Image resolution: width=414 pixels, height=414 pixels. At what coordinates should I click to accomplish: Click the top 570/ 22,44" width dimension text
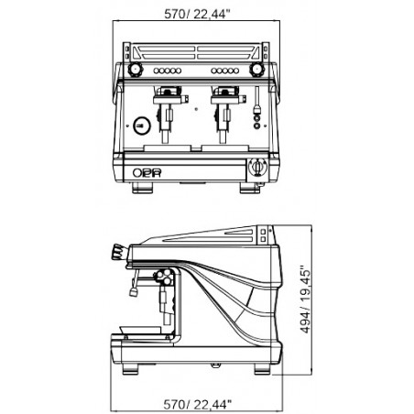tap(197, 14)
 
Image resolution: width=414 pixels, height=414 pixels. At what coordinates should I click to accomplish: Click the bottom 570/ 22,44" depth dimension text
tap(197, 404)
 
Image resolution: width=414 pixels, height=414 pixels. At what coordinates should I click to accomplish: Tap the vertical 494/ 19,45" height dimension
tap(305, 300)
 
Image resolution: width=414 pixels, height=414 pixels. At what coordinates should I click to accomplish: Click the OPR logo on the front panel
tap(147, 173)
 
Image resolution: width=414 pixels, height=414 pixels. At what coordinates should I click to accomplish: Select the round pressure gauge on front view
tap(142, 125)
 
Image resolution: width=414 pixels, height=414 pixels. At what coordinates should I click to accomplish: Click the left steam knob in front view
tap(135, 70)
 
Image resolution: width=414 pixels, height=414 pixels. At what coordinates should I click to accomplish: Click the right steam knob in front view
tap(256, 70)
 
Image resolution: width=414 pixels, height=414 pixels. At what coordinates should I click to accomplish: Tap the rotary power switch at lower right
tap(257, 168)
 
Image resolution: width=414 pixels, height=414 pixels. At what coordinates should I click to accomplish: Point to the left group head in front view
tap(168, 113)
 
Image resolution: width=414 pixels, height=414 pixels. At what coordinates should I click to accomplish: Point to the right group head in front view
tap(225, 113)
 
